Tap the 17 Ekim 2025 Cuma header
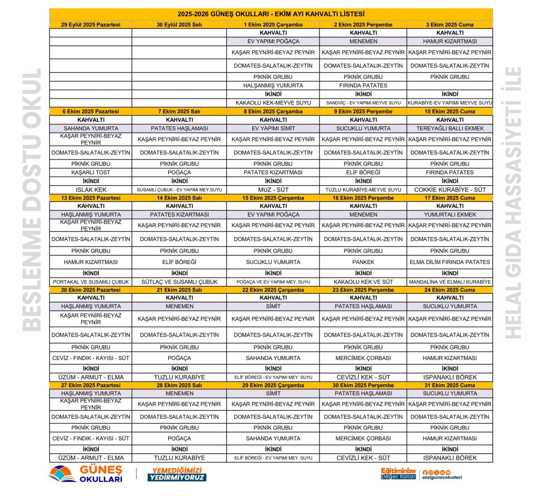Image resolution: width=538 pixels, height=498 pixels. click(450, 198)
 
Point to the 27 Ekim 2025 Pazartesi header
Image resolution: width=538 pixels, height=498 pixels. click(91, 385)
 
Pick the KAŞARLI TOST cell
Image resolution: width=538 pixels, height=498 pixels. click(91, 172)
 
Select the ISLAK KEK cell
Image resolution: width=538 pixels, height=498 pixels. click(91, 189)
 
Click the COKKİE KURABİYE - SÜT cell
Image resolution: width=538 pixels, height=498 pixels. click(450, 189)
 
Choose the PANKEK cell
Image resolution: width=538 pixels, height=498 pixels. click(363, 262)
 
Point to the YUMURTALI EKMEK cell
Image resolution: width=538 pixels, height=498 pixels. click(450, 215)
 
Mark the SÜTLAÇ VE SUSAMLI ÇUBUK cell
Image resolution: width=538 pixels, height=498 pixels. click(179, 282)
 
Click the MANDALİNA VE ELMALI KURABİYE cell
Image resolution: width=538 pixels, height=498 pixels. click(450, 282)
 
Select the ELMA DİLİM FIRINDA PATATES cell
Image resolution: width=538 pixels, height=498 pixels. click(450, 262)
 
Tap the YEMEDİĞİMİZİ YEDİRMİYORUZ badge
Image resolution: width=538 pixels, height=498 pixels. click(176, 474)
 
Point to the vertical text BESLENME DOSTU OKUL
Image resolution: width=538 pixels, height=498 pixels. click(33, 200)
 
